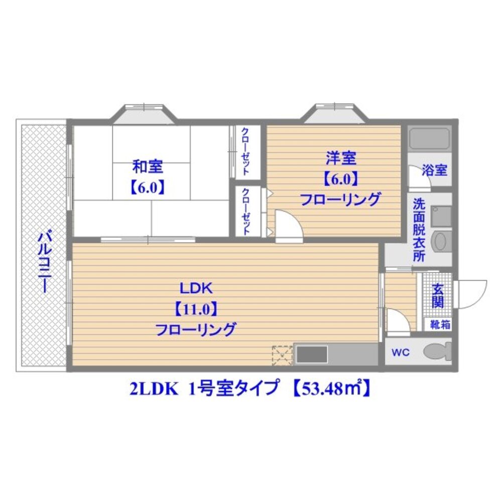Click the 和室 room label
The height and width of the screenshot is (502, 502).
click(x=148, y=166)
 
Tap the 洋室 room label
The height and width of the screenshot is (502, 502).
click(x=341, y=159)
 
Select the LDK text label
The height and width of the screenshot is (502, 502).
click(x=196, y=289)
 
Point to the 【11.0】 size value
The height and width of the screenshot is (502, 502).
click(x=196, y=309)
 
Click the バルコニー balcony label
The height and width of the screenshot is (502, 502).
click(x=44, y=263)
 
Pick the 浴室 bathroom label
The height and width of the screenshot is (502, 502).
click(x=434, y=170)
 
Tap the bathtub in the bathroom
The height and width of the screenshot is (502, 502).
click(x=429, y=138)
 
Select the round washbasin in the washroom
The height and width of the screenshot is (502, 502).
click(x=441, y=241)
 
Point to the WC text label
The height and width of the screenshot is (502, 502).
click(x=401, y=353)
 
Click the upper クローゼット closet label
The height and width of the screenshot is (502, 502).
click(x=245, y=152)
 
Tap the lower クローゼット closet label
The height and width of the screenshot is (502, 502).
click(x=246, y=212)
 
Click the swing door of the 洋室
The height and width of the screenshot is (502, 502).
click(x=289, y=223)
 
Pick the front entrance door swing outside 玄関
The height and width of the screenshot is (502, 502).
click(x=470, y=294)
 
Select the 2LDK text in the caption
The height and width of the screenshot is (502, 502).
click(x=153, y=390)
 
